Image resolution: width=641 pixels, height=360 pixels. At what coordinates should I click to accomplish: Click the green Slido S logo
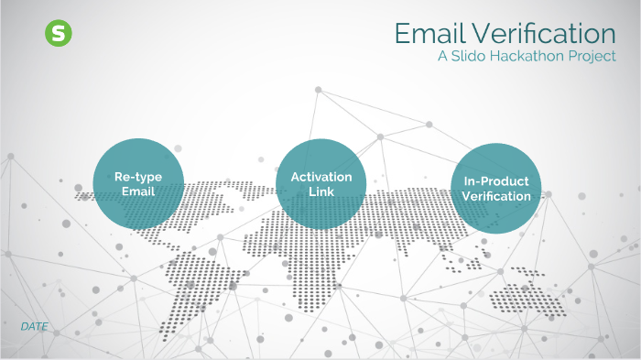(59, 34)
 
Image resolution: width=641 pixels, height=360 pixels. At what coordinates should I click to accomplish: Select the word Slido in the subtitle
(473, 57)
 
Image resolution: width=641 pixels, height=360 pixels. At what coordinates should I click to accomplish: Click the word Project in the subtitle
(592, 57)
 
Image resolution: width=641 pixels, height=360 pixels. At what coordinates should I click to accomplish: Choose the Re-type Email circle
(139, 182)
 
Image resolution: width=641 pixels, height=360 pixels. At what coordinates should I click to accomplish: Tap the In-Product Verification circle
(495, 188)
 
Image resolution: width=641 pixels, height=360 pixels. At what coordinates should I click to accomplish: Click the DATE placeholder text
(34, 326)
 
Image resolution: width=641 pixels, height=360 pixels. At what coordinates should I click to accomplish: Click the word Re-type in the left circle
(139, 176)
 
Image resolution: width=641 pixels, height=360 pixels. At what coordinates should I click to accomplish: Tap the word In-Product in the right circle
(496, 180)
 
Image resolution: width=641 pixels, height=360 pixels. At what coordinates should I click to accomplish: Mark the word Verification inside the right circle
(496, 196)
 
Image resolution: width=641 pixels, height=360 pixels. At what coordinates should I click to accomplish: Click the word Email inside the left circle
(139, 191)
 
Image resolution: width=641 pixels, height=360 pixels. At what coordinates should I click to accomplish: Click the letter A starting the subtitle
(442, 57)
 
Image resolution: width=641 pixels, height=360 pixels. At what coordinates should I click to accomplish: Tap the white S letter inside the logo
(59, 34)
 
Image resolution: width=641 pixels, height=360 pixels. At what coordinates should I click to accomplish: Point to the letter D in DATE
(24, 326)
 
